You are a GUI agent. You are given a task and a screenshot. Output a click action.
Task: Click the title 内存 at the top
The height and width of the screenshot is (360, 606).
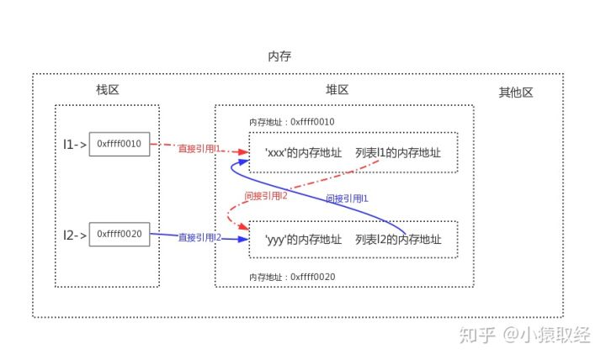(x=279, y=56)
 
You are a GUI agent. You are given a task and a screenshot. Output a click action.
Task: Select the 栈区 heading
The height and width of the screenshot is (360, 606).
(x=107, y=90)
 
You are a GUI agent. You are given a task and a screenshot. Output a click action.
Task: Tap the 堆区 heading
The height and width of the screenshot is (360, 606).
(x=338, y=90)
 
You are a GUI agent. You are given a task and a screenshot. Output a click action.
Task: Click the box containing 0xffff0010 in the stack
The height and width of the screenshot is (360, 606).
(x=119, y=144)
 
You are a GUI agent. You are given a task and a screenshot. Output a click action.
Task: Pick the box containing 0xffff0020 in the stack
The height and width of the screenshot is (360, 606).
(x=119, y=234)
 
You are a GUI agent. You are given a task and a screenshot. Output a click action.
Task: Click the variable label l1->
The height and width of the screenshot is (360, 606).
(x=75, y=144)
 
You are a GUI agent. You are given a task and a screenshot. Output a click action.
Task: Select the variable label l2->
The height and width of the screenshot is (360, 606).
(x=75, y=235)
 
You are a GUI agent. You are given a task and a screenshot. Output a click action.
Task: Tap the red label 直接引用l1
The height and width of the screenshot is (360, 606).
(x=199, y=148)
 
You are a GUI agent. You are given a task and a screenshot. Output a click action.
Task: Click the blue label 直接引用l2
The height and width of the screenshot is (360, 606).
(x=199, y=238)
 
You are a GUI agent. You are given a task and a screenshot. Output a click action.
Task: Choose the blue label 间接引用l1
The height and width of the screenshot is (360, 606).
(x=347, y=199)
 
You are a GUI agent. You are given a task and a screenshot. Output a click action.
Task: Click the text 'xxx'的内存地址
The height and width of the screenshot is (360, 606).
(x=303, y=152)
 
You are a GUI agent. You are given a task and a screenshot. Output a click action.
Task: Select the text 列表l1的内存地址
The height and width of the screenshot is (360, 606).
(x=398, y=152)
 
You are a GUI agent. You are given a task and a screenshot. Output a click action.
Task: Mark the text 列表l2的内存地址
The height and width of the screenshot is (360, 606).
(x=398, y=240)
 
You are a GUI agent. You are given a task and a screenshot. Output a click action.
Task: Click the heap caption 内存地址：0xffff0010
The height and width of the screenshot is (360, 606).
(x=292, y=122)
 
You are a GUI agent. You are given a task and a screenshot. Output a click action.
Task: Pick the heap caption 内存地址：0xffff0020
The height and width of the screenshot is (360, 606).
(x=292, y=277)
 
